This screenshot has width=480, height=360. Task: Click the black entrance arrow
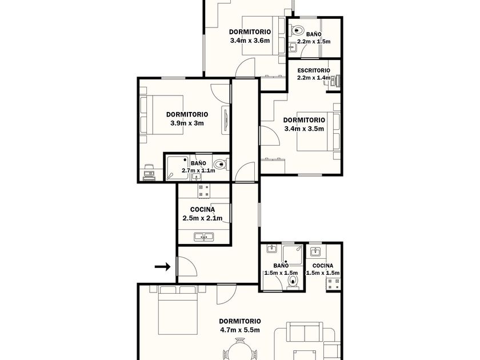coord(162,267)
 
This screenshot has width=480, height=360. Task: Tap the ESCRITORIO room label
coord(314,70)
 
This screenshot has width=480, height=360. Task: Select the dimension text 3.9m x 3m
coord(187,123)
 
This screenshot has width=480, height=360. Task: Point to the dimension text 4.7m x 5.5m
coord(239,330)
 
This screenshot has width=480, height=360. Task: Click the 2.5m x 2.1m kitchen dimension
coord(202,218)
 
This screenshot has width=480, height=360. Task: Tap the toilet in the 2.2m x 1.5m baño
coord(297,30)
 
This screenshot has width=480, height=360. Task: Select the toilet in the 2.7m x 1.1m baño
coord(221,164)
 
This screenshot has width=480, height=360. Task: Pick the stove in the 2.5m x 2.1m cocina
coord(204,191)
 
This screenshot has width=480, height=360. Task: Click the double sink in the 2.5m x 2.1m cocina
coord(204,237)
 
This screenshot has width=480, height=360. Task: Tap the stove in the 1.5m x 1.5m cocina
coord(333,283)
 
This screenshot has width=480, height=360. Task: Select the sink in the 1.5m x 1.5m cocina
coord(315,251)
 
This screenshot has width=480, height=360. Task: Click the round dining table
coord(240,352)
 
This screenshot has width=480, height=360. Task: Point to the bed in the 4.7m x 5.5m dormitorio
coord(177,310)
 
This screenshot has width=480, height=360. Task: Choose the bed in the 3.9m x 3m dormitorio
coord(162,115)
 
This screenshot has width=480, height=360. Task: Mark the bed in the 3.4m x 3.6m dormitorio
coord(264,35)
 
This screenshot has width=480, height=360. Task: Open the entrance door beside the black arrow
coord(186,266)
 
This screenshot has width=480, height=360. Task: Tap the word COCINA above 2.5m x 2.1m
coord(202,210)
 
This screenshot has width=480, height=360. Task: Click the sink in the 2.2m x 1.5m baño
coord(293,47)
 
